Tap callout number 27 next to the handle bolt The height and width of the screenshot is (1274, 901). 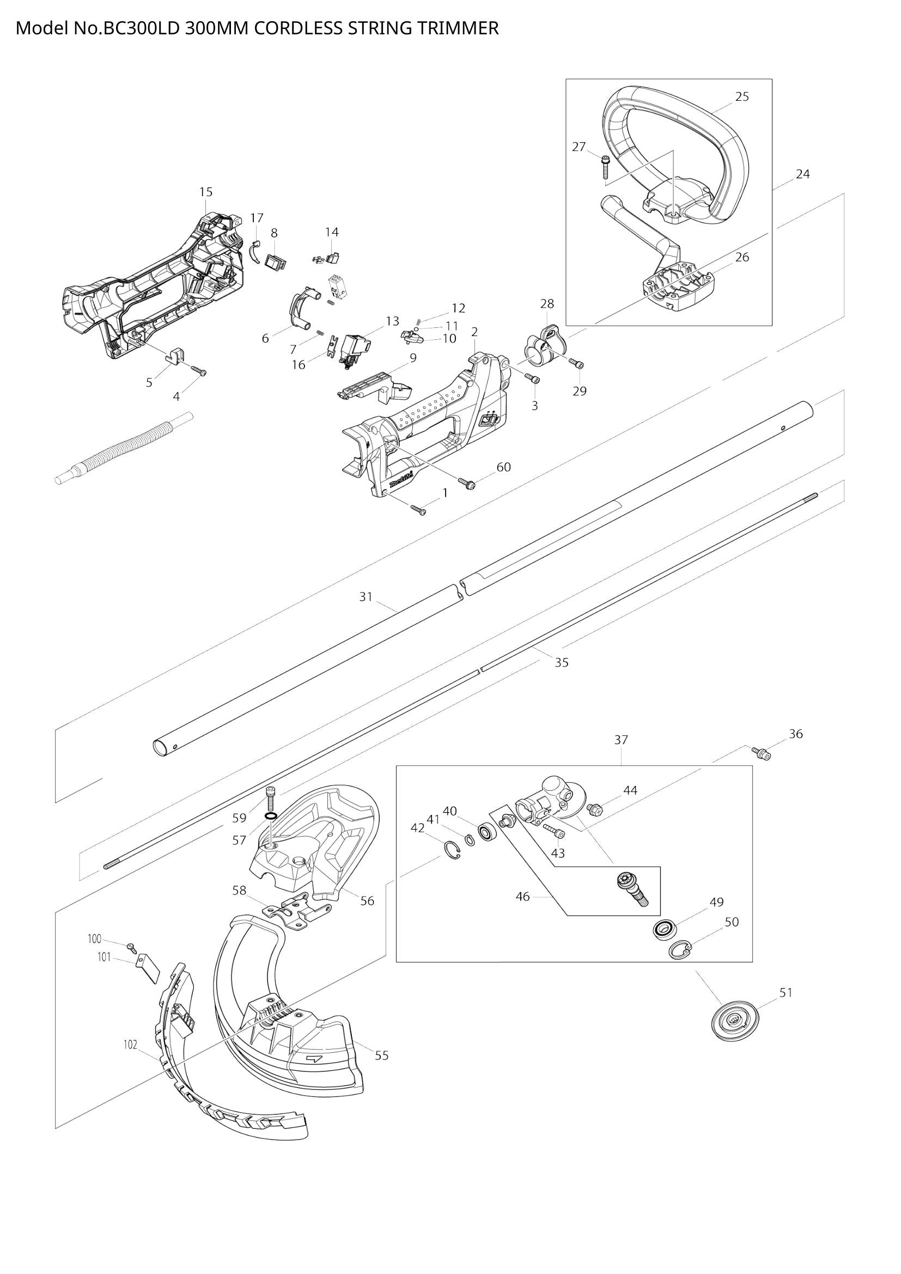[x=579, y=147]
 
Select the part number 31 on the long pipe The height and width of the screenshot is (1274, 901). [x=366, y=597]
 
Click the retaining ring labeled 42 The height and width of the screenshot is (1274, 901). [x=453, y=851]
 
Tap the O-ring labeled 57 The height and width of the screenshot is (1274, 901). [x=271, y=817]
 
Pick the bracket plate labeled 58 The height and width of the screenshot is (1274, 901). [x=297, y=913]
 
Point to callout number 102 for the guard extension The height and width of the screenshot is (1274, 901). [x=130, y=1045]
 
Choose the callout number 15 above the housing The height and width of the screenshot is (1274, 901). [x=206, y=192]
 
